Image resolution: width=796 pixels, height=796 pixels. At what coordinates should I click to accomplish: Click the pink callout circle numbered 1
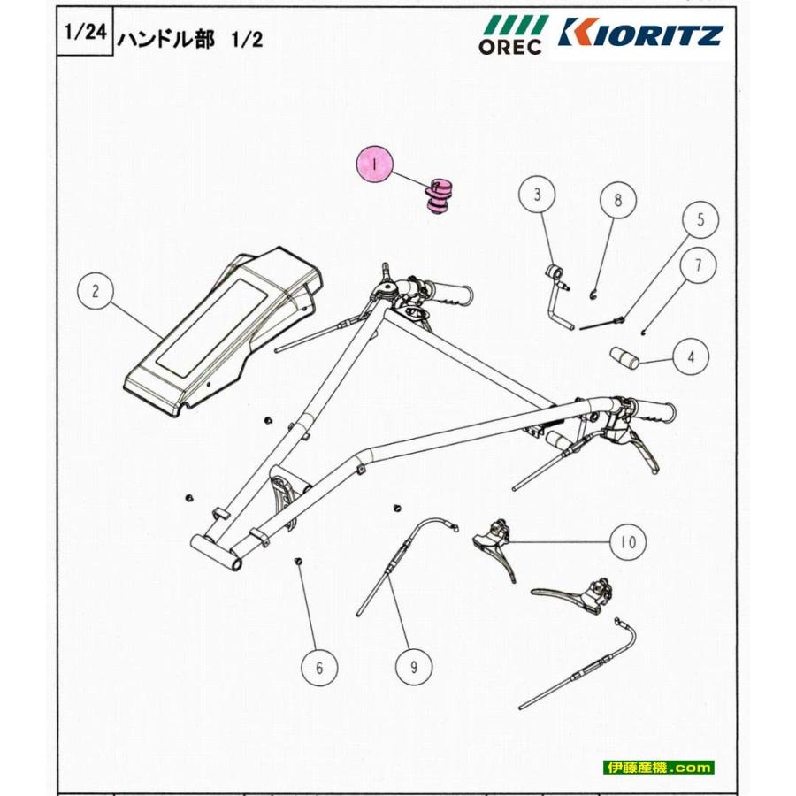[x=375, y=165]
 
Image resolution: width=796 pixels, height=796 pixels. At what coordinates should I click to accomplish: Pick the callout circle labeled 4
[x=691, y=357]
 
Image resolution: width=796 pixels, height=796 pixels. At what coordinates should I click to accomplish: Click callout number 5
[x=700, y=220]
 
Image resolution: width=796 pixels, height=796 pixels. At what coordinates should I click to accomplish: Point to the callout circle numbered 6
[x=320, y=668]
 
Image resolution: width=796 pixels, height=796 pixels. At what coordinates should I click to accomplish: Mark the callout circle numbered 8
[x=618, y=201]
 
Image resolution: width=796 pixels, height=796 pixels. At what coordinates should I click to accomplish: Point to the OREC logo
[x=511, y=34]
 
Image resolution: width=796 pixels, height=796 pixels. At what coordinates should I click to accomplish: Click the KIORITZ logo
[x=642, y=34]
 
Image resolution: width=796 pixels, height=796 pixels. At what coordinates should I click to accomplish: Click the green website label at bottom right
[x=660, y=768]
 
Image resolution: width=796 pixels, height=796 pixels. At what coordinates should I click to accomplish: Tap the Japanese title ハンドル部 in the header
[x=165, y=40]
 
